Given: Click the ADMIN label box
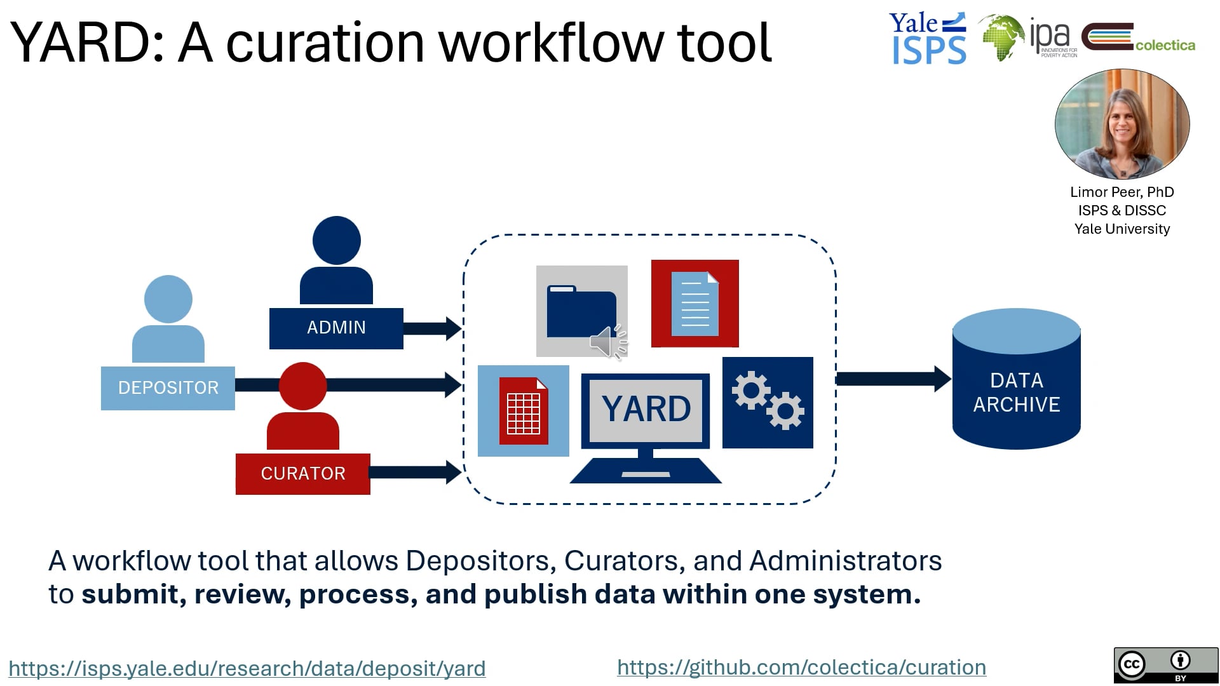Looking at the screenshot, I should pyautogui.click(x=336, y=328).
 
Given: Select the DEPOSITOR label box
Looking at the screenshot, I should pyautogui.click(x=168, y=388).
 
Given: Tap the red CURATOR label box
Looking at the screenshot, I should pyautogui.click(x=302, y=474).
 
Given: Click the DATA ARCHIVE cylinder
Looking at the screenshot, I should pyautogui.click(x=1016, y=381).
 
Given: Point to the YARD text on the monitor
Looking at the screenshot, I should pyautogui.click(x=646, y=408).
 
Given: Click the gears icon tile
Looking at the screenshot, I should pyautogui.click(x=768, y=402).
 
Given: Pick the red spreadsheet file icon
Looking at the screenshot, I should pyautogui.click(x=524, y=411).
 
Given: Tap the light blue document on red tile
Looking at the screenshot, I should pyautogui.click(x=695, y=304).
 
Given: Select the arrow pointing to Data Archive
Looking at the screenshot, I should pyautogui.click(x=893, y=379).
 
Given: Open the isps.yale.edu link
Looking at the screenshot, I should pyautogui.click(x=247, y=668).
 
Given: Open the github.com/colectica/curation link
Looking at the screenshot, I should pyautogui.click(x=801, y=667).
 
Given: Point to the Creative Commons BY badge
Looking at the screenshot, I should pyautogui.click(x=1165, y=665).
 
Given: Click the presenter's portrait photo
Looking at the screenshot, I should pyautogui.click(x=1122, y=124).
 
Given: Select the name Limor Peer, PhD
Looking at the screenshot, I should pyautogui.click(x=1122, y=192).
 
